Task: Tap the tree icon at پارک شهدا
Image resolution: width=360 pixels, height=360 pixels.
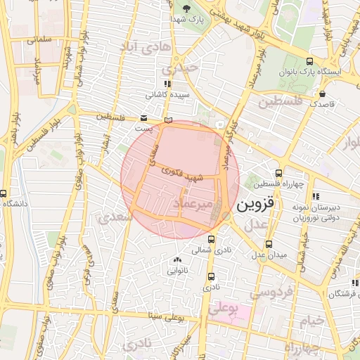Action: [187, 8]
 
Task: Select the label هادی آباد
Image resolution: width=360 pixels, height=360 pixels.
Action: [146, 46]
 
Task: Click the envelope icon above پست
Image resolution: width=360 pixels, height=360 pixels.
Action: [144, 118]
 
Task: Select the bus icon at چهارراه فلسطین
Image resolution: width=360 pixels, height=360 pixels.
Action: [279, 172]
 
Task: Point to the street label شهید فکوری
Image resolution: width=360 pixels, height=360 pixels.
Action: [182, 174]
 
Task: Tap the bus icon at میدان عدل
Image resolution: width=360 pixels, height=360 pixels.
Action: [269, 244]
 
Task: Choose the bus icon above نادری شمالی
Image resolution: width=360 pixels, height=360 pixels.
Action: [212, 239]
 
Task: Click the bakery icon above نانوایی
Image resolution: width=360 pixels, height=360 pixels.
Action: [176, 259]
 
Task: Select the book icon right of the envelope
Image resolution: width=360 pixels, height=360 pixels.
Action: [167, 120]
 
